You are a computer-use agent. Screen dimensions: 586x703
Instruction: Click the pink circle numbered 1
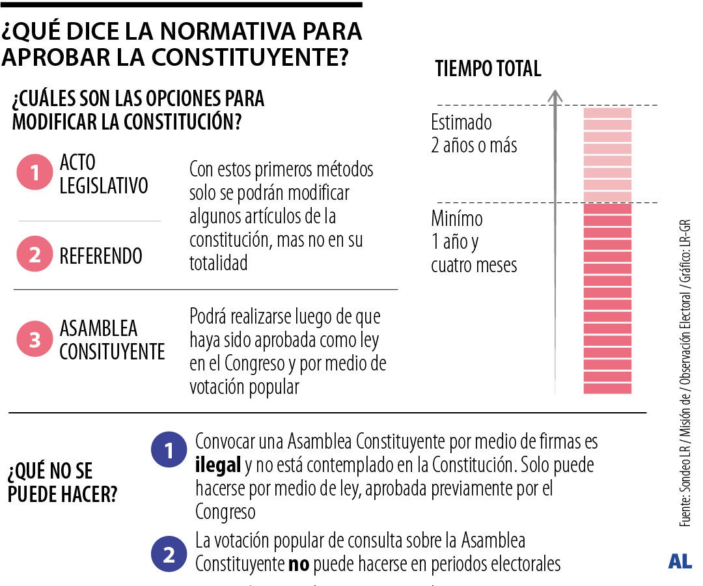click(x=34, y=173)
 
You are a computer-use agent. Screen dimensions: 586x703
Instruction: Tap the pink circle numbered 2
click(x=34, y=255)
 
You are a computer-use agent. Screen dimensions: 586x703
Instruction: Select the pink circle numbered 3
click(x=34, y=339)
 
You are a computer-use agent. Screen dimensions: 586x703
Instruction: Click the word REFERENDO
click(x=101, y=256)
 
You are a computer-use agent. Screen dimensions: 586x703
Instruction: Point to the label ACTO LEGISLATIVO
click(x=103, y=174)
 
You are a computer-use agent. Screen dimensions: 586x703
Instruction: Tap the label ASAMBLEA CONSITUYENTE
click(x=112, y=340)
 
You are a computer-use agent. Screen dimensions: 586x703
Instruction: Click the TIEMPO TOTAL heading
click(x=488, y=69)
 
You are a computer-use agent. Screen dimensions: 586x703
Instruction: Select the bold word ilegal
click(x=216, y=466)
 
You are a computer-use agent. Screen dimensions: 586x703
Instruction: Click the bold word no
click(x=299, y=564)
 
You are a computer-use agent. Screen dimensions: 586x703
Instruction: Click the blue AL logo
click(x=680, y=561)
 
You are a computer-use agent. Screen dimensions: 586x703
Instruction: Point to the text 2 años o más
click(x=474, y=145)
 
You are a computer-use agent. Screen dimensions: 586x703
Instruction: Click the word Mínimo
click(x=457, y=219)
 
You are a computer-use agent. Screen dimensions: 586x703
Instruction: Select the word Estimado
click(x=462, y=122)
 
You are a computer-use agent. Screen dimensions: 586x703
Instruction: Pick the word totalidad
click(x=219, y=263)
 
